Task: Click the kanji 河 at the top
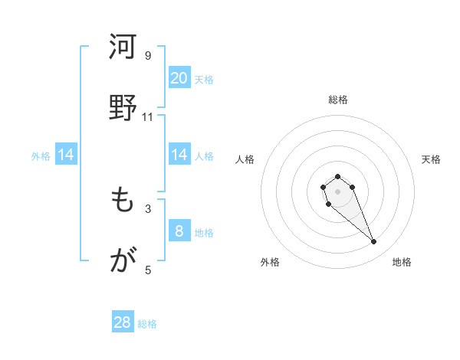click(x=123, y=47)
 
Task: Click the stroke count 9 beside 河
click(x=148, y=55)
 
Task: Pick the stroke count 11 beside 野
click(x=148, y=116)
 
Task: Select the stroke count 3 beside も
click(x=148, y=208)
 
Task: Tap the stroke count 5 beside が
click(x=148, y=270)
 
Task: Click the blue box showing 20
click(x=179, y=78)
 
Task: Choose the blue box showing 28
click(x=123, y=322)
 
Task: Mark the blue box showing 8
click(x=179, y=231)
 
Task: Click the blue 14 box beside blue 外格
click(x=65, y=155)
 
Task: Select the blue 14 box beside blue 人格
click(x=179, y=155)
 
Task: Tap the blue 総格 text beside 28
click(x=147, y=324)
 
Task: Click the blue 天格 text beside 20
click(x=204, y=80)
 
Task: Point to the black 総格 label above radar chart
click(x=337, y=100)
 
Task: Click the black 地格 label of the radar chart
click(x=402, y=263)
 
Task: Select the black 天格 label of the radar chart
click(x=431, y=159)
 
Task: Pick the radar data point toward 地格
click(x=374, y=242)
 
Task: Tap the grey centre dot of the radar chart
click(x=337, y=191)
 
